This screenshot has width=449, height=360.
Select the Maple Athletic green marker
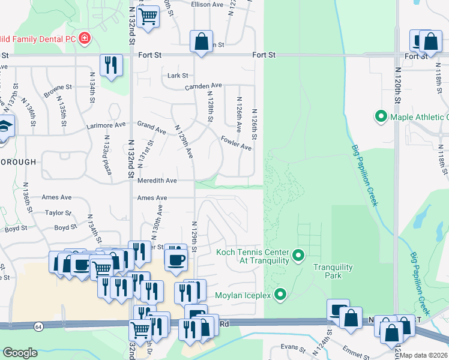(x=380, y=116)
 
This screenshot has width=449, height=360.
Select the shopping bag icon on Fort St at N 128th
(x=202, y=41)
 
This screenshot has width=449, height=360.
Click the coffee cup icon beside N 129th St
(x=176, y=259)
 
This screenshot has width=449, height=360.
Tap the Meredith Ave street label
(x=157, y=180)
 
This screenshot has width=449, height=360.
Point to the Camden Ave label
(x=203, y=86)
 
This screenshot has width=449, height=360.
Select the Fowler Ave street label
(x=236, y=142)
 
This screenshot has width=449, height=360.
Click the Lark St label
(x=178, y=76)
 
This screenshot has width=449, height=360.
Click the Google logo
(x=20, y=353)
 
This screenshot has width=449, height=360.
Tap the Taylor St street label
(x=58, y=212)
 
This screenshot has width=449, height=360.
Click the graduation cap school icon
(x=4, y=128)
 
